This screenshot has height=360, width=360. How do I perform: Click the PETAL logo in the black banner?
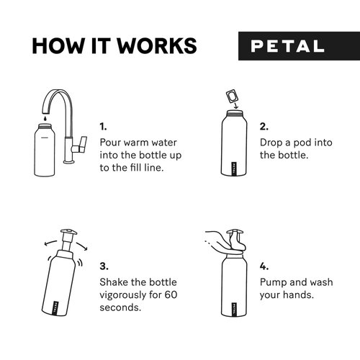[287, 45]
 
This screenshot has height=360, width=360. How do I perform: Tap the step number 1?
[103, 125]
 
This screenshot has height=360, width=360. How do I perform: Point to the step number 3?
[104, 266]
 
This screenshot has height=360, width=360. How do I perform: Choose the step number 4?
[264, 266]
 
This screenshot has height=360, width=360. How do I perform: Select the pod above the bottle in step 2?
[233, 95]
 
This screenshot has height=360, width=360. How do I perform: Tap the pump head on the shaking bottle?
[68, 235]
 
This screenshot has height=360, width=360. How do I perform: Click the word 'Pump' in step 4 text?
[274, 282]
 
